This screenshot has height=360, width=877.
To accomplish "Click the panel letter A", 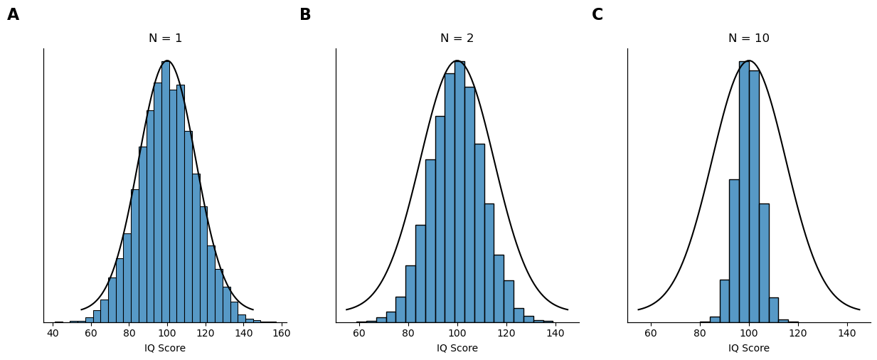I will pyautogui.click(x=13, y=15).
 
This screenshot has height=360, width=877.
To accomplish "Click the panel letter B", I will pyautogui.click(x=305, y=15).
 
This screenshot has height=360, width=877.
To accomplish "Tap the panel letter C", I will pyautogui.click(x=597, y=15).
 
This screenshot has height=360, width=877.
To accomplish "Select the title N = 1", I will pyautogui.click(x=165, y=38).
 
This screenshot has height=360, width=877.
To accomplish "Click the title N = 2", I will pyautogui.click(x=457, y=38).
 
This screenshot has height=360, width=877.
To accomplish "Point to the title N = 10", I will pyautogui.click(x=748, y=38).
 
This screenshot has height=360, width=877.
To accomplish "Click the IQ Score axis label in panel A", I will pyautogui.click(x=165, y=348).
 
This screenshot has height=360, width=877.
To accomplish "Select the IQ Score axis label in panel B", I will pyautogui.click(x=457, y=348).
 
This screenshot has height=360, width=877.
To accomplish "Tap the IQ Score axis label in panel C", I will pyautogui.click(x=748, y=348).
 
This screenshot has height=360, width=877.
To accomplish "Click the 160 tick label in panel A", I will pyautogui.click(x=281, y=333).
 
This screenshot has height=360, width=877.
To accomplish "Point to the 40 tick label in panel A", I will pyautogui.click(x=53, y=333).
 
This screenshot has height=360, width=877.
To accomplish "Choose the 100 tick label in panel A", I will pyautogui.click(x=167, y=333).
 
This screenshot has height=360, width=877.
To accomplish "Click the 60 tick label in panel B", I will pyautogui.click(x=359, y=333).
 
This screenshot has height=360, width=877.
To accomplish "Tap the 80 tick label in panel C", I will pyautogui.click(x=700, y=333).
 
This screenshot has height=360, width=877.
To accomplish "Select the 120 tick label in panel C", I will pyautogui.click(x=797, y=333).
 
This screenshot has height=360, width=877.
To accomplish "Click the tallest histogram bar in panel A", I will pyautogui.click(x=165, y=192).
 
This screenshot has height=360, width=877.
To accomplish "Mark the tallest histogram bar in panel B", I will pyautogui.click(x=459, y=192).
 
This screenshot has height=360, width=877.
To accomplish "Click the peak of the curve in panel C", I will pyautogui.click(x=749, y=60).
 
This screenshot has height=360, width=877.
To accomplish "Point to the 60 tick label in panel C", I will pyautogui.click(x=651, y=333).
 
